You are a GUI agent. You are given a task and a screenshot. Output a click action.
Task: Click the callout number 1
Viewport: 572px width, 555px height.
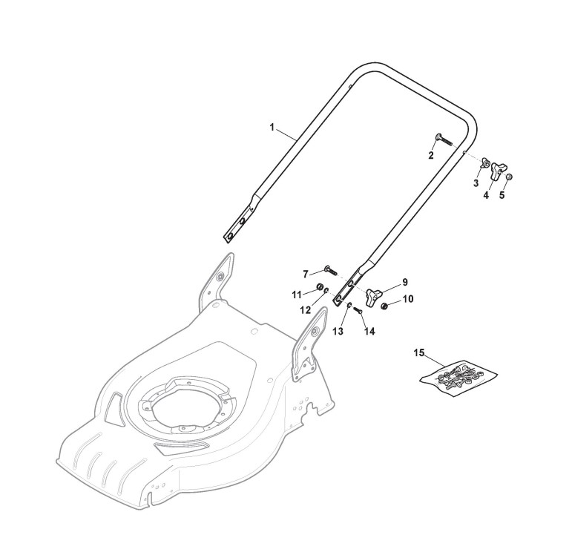pos(272,128)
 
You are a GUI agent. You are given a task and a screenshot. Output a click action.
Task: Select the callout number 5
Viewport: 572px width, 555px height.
pos(502,195)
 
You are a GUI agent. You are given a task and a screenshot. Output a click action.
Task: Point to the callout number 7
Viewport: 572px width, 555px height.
pos(306,273)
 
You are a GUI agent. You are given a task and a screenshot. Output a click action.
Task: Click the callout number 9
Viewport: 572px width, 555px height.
pos(404,282)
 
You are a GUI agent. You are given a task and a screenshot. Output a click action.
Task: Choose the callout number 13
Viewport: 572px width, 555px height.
pos(338,332)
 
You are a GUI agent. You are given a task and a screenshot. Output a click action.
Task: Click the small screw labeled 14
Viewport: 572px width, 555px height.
pos(358,310)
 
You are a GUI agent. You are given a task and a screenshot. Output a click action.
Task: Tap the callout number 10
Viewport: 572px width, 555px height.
pos(407,299)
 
